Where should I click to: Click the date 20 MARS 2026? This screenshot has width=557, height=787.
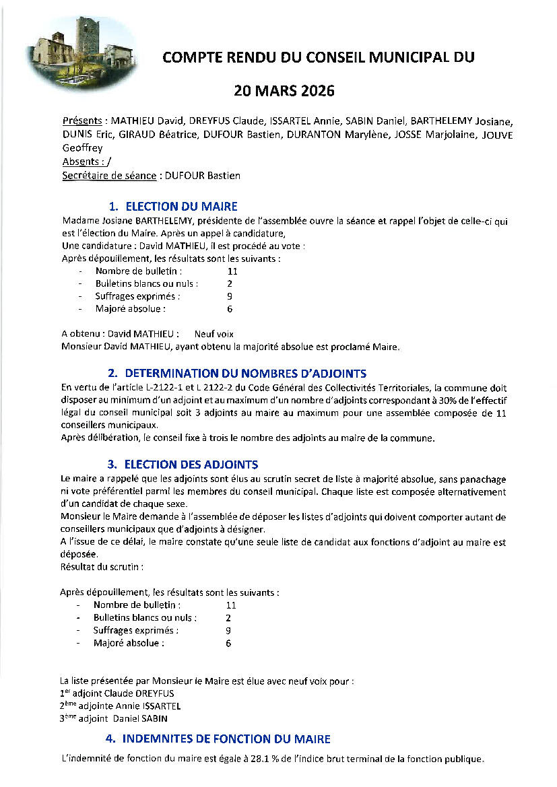coord(284,90)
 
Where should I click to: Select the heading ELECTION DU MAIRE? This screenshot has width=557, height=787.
coord(181,207)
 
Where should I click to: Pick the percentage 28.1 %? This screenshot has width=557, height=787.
coord(306,759)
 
